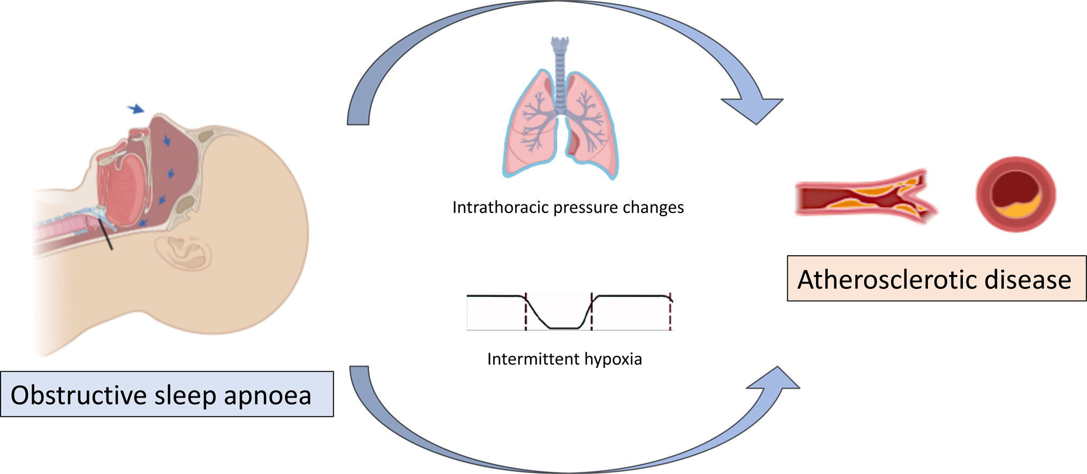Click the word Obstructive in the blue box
coord(79,395)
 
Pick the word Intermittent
coord(533,358)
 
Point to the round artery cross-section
coord(1015,194)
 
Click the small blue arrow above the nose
coord(136,109)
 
